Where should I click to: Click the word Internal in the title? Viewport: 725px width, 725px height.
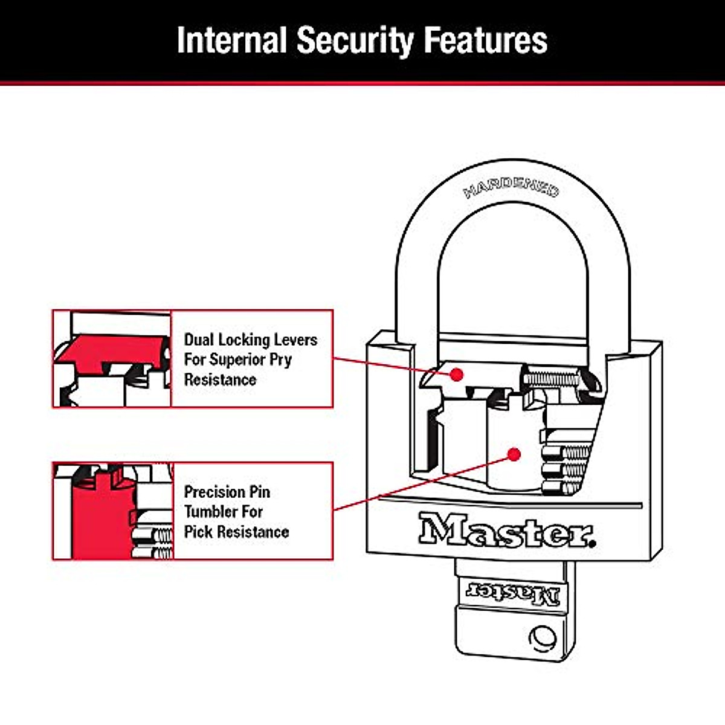point(232,39)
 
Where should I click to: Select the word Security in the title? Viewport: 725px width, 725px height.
point(355,42)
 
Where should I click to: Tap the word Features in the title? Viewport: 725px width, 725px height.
point(485,40)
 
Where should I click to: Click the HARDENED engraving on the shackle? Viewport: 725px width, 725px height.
point(511,187)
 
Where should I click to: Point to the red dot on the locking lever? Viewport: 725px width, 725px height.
point(456,375)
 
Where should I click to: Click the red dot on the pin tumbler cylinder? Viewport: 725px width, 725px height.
point(514,454)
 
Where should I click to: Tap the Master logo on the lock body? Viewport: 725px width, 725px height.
point(507,530)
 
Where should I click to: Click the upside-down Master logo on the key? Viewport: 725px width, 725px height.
point(513,594)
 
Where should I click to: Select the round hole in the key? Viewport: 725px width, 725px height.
point(543,639)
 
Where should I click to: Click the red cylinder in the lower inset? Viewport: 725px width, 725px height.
point(102,519)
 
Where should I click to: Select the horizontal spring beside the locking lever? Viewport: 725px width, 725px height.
point(551,379)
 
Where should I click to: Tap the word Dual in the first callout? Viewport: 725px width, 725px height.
point(199,340)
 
